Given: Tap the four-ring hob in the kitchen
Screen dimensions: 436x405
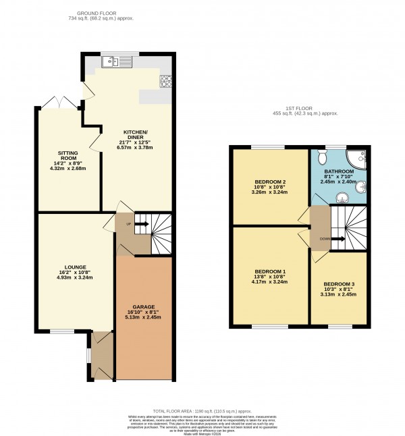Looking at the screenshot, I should click(165, 82).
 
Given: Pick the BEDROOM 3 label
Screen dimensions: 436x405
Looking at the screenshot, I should click(338, 283).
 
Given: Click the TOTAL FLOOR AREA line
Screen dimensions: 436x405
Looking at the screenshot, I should click(202, 410).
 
